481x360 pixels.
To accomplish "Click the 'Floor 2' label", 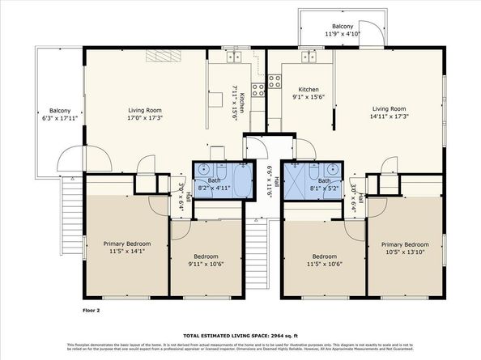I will (91, 310).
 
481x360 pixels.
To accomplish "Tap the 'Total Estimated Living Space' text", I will (240, 335).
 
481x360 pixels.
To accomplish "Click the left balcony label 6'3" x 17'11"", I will (60, 115).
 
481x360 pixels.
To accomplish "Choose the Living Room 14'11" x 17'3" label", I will (389, 112).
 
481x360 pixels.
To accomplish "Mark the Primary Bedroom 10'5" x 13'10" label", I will (404, 248).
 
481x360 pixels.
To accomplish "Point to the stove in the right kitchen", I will (275, 80).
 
